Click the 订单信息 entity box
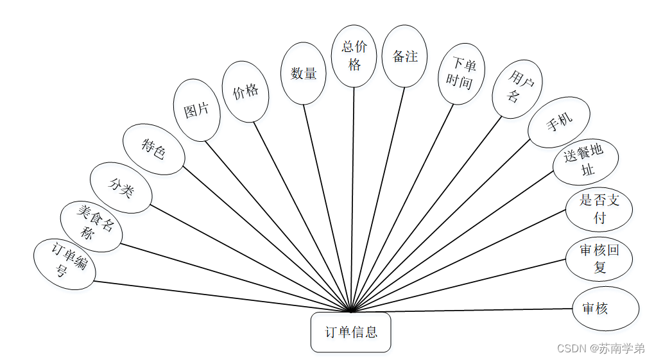pos(350,332)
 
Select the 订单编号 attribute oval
pos(64,264)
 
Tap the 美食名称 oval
pos(91,226)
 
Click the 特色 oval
pos(154,150)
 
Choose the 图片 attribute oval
pos(197,110)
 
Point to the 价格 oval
pos(245,91)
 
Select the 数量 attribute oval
pos(304,73)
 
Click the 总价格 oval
pos(354,56)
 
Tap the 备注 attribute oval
pos(404,56)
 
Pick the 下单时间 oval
pos(461,73)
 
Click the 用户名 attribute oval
pos(517,89)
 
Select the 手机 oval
pos(558,122)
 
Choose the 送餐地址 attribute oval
pos(585,162)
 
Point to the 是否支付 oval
pos(599,209)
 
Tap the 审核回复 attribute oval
pos(599,259)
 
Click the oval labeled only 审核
pos(605,309)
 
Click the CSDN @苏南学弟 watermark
pos(601,348)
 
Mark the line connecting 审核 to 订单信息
pos(462,310)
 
